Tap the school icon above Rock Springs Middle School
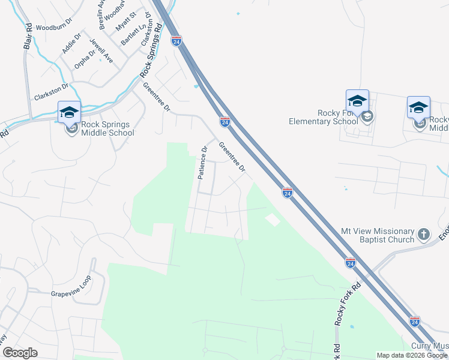[69, 112]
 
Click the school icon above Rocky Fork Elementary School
[357, 101]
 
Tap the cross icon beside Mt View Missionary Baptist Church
[424, 234]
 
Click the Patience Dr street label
[203, 163]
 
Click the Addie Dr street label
[71, 44]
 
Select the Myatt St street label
[127, 26]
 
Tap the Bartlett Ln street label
[130, 35]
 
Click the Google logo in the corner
[20, 353]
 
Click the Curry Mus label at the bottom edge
[429, 346]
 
